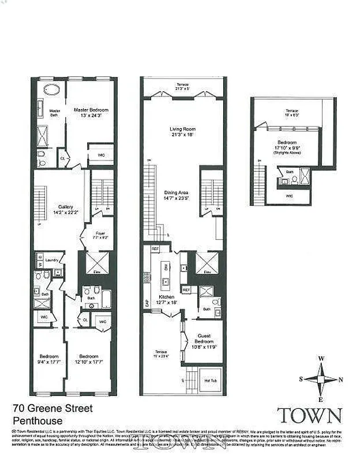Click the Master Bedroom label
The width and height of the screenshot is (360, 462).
tap(91, 113)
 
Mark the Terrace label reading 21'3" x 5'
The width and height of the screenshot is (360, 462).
tap(182, 87)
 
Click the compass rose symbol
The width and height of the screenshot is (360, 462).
tap(321, 379)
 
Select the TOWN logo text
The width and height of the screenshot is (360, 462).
tap(309, 415)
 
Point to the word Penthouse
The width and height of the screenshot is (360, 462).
tap(37, 421)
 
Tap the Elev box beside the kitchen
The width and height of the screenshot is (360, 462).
tap(206, 264)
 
